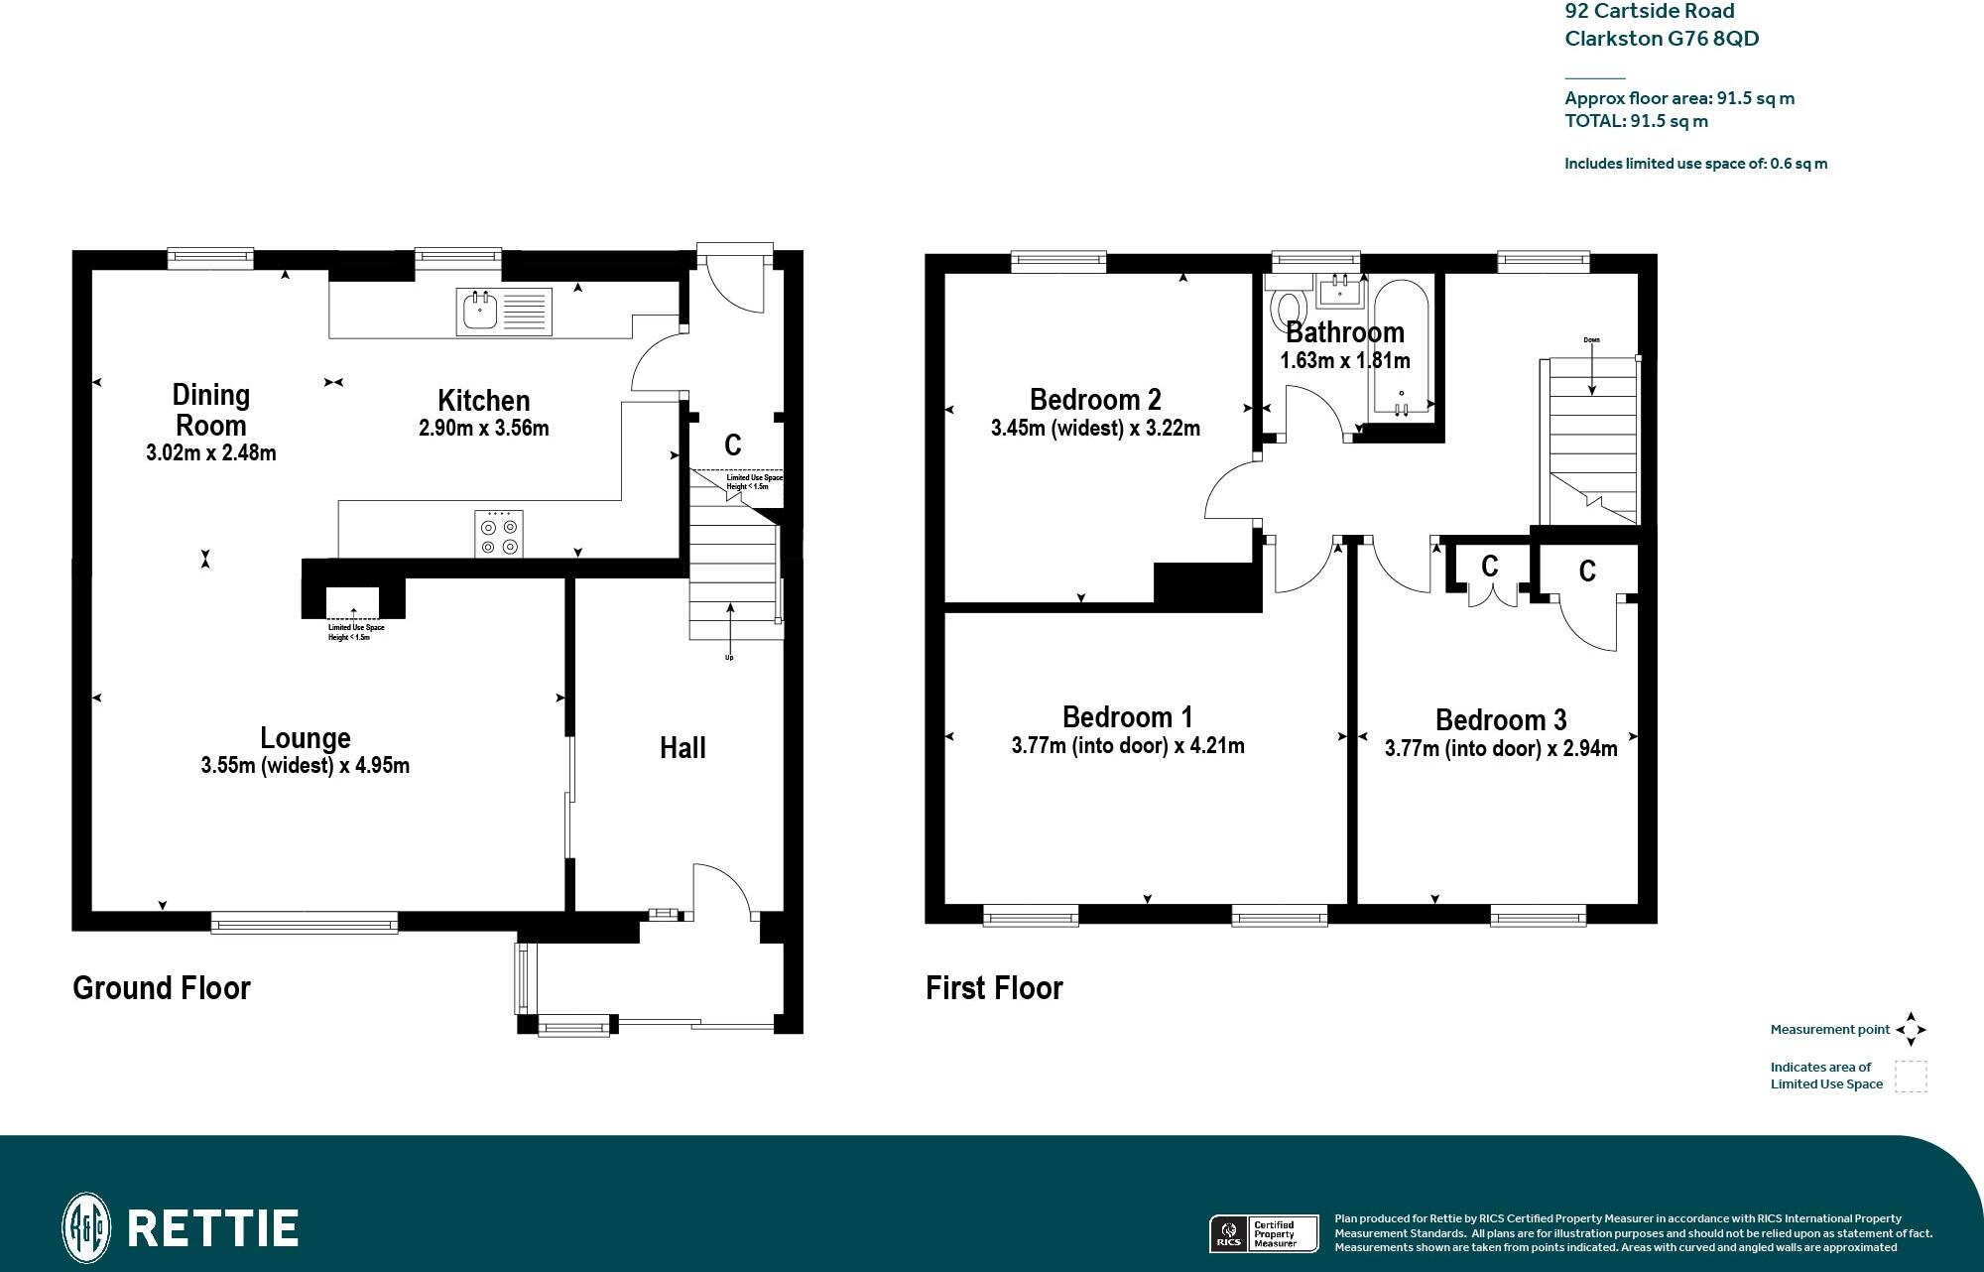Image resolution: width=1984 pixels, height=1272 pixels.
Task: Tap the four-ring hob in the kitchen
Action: tap(499, 534)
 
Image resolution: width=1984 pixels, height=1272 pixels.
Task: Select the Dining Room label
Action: tap(210, 410)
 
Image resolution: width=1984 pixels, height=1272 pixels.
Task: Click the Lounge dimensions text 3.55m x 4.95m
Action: tap(305, 766)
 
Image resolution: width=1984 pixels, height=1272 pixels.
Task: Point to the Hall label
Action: tap(682, 748)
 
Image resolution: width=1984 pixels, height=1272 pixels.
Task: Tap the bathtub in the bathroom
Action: tap(1401, 347)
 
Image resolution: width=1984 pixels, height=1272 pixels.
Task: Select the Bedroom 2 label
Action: tap(1095, 400)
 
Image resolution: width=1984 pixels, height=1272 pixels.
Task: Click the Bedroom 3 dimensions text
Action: tap(1501, 749)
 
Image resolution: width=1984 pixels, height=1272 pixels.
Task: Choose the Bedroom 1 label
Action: tap(1127, 717)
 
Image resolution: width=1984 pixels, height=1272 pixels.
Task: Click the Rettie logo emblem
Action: tap(86, 1227)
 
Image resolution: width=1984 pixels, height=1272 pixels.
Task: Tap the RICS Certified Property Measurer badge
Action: tap(1263, 1233)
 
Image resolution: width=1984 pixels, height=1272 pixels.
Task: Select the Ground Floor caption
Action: tap(162, 988)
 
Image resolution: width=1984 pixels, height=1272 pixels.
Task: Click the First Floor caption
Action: tap(994, 988)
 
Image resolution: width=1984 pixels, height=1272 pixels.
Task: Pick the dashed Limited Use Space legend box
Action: tap(1911, 1077)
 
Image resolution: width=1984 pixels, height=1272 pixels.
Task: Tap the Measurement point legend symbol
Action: tap(1911, 1030)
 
